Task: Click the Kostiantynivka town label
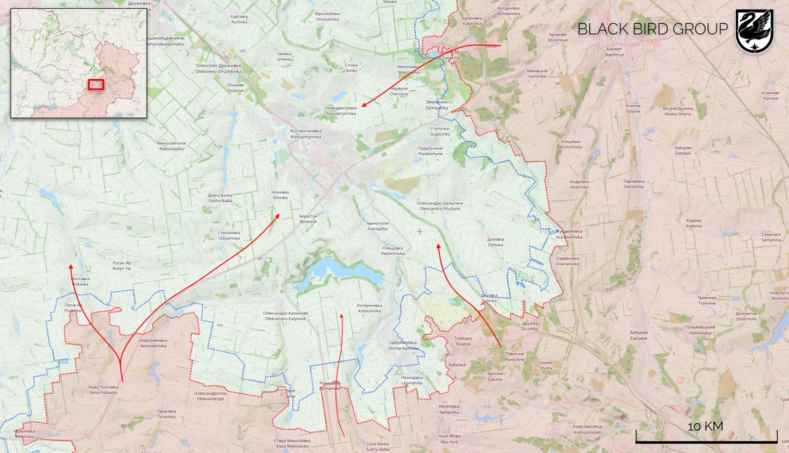[306, 134]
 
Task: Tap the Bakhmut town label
[615, 51]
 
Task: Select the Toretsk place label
[463, 341]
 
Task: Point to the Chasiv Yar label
[450, 55]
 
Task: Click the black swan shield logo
[754, 31]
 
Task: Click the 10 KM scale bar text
[705, 426]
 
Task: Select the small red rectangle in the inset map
[96, 84]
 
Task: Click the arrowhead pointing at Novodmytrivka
[364, 106]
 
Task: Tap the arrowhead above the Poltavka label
[71, 266]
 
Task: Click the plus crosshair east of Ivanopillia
[420, 232]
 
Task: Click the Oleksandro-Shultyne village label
[440, 206]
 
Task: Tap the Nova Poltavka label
[103, 390]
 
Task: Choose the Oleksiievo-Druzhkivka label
[218, 68]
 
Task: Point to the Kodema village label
[693, 223]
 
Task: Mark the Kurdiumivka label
[569, 234]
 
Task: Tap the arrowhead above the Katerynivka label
[341, 315]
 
